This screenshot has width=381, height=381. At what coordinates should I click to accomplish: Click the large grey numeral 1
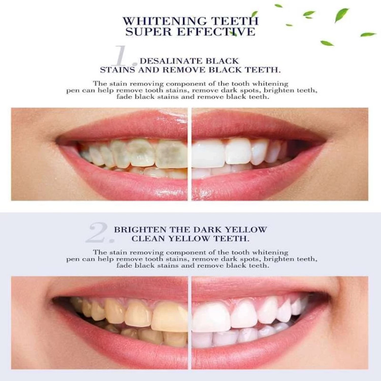pos(124,56)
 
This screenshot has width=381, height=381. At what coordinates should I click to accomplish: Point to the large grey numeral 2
pos(100,233)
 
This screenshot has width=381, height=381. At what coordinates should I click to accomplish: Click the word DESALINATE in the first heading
pos(171,61)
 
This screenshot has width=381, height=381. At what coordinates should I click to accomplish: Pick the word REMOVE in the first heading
pos(184,70)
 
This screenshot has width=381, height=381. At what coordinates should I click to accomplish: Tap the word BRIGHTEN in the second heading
pos(140,230)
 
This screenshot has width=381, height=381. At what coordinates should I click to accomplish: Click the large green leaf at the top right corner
pos(342,15)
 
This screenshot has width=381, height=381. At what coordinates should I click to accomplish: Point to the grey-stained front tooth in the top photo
pos(171,154)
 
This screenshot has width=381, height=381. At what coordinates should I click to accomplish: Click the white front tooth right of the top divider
pos(208,153)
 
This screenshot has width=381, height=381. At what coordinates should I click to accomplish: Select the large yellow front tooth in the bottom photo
pos(170,316)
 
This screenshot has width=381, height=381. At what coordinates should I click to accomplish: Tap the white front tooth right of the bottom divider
pos(210,316)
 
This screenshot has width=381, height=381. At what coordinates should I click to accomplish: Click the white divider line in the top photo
pos(189,154)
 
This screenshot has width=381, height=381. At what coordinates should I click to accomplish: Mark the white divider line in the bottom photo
pos(189,323)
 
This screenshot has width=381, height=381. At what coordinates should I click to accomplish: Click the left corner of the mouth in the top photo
pos(56,140)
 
